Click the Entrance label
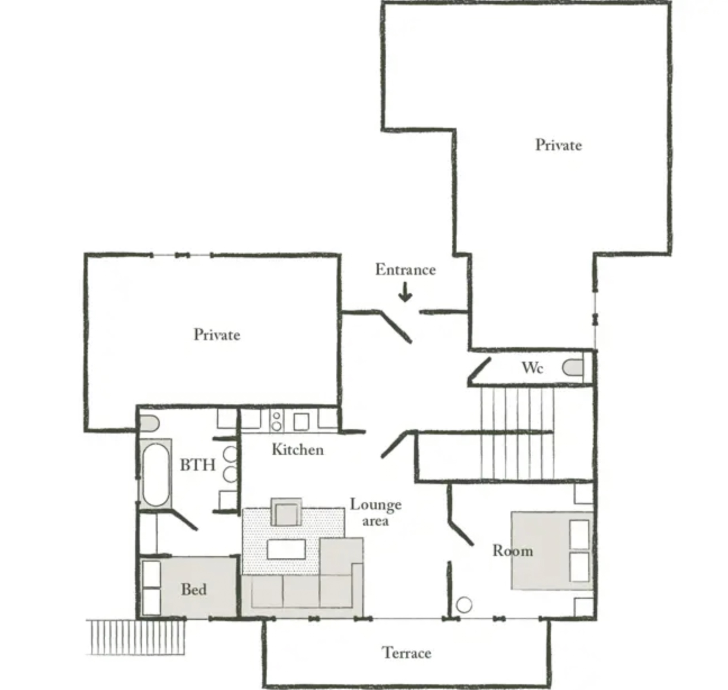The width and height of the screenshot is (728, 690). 405,270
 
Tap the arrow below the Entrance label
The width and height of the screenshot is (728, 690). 405,292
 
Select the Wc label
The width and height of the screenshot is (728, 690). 532,368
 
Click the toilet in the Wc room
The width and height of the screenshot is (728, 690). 573,367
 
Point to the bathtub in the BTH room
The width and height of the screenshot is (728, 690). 156,474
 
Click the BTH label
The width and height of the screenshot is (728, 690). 198,465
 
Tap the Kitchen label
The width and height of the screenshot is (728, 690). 298,450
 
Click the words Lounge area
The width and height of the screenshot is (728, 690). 376,513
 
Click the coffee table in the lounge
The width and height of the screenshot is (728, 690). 286,549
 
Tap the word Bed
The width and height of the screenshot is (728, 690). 194,589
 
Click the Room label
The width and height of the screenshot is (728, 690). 513,551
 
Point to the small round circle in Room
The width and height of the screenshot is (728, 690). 464,605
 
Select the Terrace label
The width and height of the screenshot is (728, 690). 407,653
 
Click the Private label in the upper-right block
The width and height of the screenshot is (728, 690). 559,145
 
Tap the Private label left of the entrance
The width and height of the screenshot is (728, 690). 217,335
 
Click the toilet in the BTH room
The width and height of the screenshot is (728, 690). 150,423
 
